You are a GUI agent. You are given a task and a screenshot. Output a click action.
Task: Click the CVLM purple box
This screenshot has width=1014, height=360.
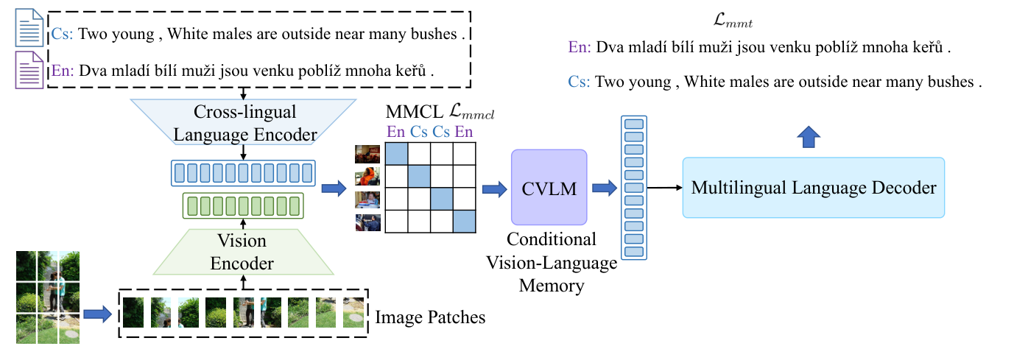point(549,187)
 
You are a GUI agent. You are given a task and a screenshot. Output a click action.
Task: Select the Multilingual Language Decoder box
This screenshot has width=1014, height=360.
point(813,188)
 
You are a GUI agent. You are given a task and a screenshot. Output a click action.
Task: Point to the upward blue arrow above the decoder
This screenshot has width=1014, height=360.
point(809,136)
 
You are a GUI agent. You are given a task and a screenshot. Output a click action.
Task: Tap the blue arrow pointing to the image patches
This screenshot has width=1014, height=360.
point(96,315)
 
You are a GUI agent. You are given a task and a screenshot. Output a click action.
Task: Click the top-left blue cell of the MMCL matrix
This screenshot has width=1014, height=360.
point(397,154)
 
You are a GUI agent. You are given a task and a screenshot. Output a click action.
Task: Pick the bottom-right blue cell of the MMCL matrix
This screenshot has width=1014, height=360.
point(464,220)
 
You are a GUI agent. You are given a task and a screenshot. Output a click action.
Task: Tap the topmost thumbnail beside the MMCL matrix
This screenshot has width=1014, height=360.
point(367,154)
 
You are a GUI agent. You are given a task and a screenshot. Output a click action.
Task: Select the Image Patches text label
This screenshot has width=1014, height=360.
point(431,317)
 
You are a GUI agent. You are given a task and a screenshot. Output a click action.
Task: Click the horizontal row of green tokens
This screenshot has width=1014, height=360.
point(242,205)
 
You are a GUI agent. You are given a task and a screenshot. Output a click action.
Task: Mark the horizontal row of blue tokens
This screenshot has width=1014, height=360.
point(242,174)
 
